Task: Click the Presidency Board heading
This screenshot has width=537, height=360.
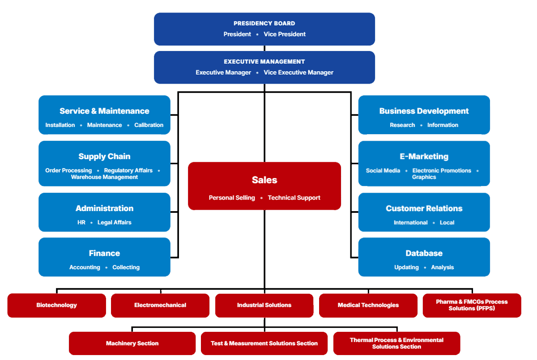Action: [264, 23]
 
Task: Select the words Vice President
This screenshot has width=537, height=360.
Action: [285, 34]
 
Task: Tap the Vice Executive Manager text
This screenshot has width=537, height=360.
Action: [298, 72]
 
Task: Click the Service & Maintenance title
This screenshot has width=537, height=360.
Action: [104, 111]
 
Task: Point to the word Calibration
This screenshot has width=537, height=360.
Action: [149, 125]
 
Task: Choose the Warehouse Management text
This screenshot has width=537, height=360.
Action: [104, 177]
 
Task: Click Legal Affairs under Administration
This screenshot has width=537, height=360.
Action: [114, 222]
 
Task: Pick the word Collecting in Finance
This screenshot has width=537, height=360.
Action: [126, 267]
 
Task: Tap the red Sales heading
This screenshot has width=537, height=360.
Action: [264, 180]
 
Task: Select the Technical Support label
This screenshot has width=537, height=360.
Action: [294, 198]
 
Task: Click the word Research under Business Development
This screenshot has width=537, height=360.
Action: [402, 125]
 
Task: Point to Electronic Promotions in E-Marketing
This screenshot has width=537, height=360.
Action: [442, 170]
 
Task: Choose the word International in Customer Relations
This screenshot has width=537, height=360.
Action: [410, 222]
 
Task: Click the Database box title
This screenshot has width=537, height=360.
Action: [424, 253]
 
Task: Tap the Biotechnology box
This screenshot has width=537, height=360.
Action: [56, 305]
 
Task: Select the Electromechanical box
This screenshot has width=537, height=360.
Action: [160, 305]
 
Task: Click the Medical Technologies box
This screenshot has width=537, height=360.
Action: [368, 305]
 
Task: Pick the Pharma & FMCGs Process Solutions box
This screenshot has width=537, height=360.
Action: [472, 305]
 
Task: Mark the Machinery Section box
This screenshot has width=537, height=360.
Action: [132, 343]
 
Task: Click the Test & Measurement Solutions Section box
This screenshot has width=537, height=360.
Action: [264, 343]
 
